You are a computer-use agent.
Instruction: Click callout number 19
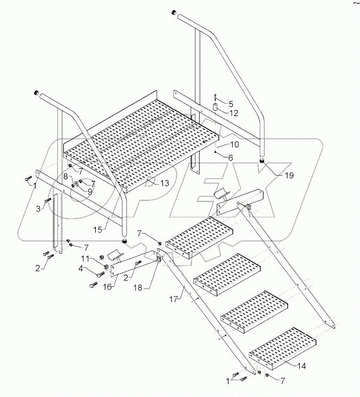tap(273, 175)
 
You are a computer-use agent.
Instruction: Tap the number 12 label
tap(234, 113)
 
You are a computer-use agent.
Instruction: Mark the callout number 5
tap(231, 103)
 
